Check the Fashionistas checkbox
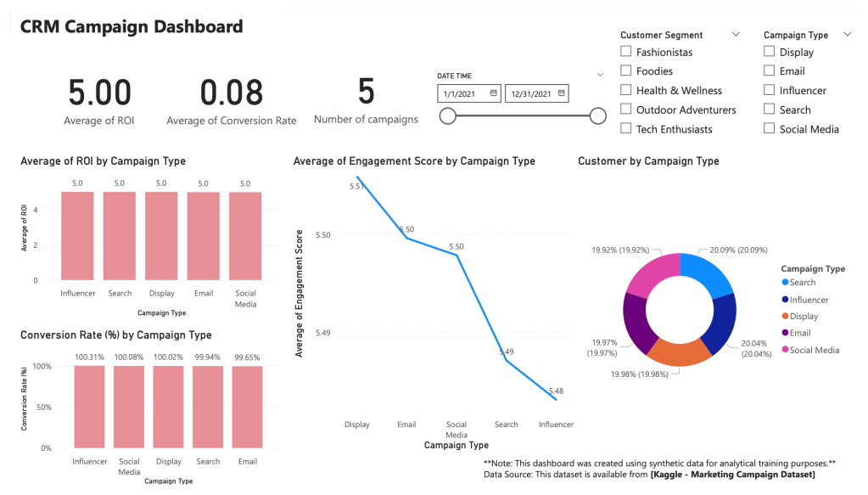[x=626, y=52]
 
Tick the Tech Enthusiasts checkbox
[x=626, y=129]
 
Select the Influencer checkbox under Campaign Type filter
[x=769, y=90]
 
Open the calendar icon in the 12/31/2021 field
[x=562, y=93]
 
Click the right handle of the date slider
[x=597, y=116]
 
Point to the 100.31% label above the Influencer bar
[x=89, y=357]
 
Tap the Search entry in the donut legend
[x=802, y=283]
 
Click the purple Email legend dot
[x=784, y=333]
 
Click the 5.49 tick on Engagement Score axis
[x=324, y=333]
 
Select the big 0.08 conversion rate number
[x=231, y=92]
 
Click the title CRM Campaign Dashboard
[x=132, y=26]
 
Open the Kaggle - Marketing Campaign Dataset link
[x=732, y=475]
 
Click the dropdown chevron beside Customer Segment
[x=735, y=35]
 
